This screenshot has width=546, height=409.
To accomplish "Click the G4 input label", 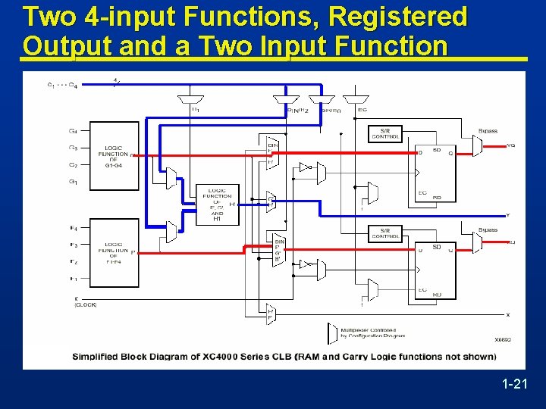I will pos(73,130).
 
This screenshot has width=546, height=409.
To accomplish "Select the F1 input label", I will pos(73,279).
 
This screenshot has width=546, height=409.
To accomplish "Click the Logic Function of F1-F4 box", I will pos(113,253).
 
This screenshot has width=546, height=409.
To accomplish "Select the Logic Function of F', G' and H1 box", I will pos(218,204).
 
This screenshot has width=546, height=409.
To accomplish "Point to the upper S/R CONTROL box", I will pos(385,134).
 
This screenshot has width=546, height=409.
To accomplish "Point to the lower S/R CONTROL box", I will pos(385,233).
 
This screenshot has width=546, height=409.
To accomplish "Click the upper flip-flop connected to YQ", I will pos(435,172).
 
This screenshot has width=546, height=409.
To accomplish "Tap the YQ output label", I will pos(510,145).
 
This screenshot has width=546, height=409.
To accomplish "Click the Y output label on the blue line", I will pos(508,215).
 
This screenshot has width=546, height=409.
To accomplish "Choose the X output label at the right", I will pos(508,314).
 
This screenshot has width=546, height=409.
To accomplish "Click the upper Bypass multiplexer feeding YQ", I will pos(477,145).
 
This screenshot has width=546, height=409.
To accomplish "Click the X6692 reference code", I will pos(503,341).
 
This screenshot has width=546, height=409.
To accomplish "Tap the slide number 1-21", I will pos(514,385).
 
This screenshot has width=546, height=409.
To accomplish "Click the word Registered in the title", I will pos(406,16).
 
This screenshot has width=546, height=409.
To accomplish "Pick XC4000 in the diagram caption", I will pos(232,357).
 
